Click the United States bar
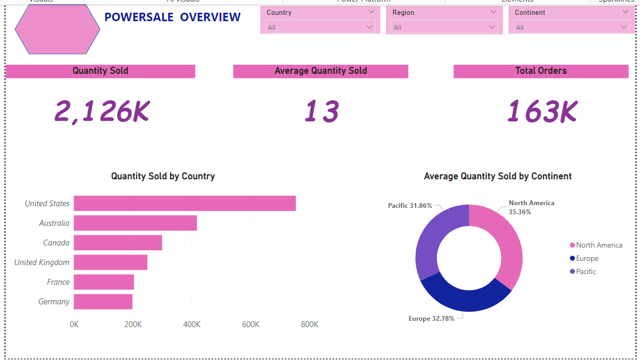click(185, 204)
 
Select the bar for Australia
click(135, 223)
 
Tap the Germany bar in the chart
click(103, 302)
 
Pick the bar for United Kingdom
click(110, 262)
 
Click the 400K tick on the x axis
click(191, 324)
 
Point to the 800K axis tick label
click(309, 324)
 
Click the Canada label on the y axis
click(56, 243)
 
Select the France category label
click(58, 282)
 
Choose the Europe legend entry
click(587, 259)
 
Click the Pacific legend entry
click(586, 271)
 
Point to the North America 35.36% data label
click(531, 207)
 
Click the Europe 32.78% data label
click(431, 319)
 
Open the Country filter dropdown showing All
click(320, 27)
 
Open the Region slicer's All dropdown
click(444, 27)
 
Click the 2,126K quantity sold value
click(102, 112)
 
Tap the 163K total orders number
click(541, 112)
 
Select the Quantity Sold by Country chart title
click(163, 176)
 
